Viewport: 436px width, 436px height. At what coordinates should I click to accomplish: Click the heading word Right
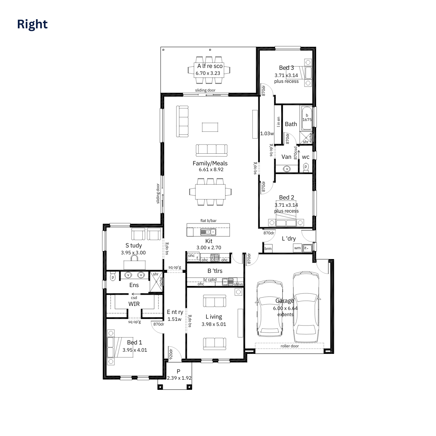(32, 24)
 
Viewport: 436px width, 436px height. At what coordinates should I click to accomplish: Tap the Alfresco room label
(210, 66)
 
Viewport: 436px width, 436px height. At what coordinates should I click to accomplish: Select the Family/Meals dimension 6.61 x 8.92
(211, 170)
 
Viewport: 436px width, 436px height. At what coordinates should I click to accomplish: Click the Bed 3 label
(286, 68)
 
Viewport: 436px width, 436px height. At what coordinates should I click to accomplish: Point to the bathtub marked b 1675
(307, 117)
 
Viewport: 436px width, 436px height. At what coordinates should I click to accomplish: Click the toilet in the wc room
(306, 167)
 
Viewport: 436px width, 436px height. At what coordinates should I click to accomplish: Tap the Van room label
(286, 157)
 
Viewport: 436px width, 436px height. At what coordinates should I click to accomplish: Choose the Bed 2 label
(286, 198)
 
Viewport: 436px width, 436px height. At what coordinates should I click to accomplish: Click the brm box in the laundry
(268, 249)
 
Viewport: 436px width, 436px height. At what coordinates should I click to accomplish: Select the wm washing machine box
(298, 248)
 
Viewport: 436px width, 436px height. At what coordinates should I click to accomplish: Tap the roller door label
(290, 346)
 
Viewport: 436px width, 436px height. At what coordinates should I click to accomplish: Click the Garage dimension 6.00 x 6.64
(285, 308)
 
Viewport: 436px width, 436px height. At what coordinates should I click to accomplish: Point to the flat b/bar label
(208, 221)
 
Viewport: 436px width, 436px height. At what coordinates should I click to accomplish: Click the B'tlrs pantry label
(215, 271)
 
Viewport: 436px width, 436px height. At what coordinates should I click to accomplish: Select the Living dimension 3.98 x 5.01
(214, 324)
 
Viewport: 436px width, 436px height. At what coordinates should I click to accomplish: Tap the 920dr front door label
(170, 354)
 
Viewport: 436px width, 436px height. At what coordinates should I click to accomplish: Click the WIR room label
(134, 304)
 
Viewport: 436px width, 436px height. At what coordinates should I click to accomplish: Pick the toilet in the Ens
(113, 277)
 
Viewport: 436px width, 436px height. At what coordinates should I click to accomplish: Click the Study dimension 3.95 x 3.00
(133, 253)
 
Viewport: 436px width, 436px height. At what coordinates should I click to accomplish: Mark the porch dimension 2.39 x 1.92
(179, 378)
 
